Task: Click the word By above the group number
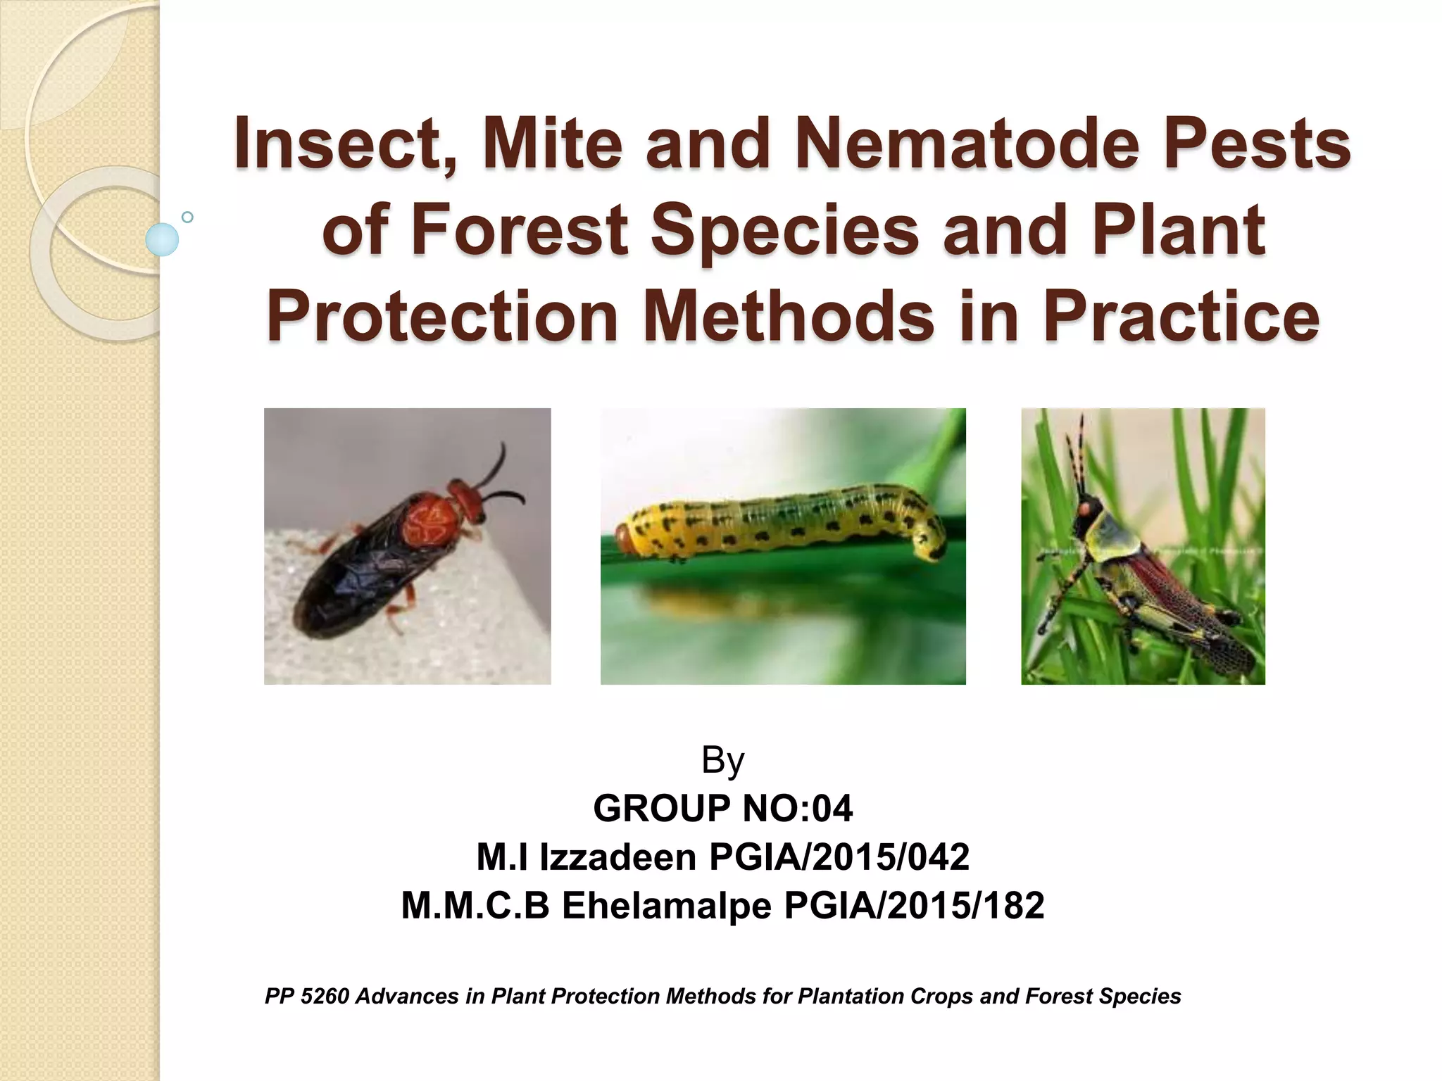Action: (723, 760)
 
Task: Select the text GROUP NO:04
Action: (723, 808)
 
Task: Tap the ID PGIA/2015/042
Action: (839, 856)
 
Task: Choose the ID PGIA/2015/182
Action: (914, 905)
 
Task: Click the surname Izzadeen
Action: (617, 856)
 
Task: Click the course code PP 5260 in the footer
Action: (306, 996)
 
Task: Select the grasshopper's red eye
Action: (1088, 507)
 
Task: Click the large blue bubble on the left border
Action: (162, 239)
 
